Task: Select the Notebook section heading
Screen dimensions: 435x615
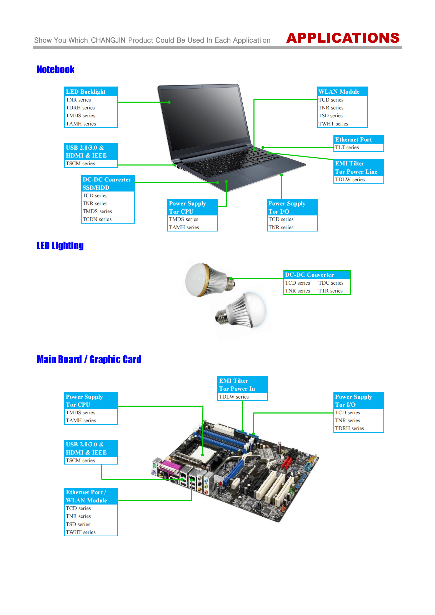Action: (56, 69)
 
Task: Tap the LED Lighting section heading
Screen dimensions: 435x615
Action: (60, 245)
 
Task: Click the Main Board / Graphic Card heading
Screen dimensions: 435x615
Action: (89, 359)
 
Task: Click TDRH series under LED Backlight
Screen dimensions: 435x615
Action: (81, 108)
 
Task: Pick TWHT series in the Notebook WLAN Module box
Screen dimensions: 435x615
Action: (333, 124)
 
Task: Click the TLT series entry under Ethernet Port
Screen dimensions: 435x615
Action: (347, 148)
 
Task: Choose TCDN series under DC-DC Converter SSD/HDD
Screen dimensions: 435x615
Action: (97, 219)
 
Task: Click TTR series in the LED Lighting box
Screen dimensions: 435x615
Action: (331, 291)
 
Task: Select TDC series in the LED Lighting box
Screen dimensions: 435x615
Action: (331, 283)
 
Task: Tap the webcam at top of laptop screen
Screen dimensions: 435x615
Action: (202, 86)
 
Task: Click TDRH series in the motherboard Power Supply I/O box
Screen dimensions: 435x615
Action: (349, 428)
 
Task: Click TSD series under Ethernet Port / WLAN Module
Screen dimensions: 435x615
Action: (78, 524)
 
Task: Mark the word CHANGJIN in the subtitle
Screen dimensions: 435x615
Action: (108, 40)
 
